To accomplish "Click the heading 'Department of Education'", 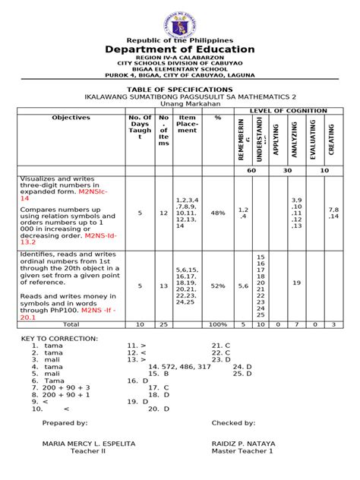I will tap(180, 49).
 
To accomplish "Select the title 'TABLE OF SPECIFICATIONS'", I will tap(180, 89).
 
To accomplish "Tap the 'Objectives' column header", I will tap(71, 118).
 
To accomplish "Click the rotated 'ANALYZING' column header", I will tap(296, 140).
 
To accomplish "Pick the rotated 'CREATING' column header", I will tap(331, 140).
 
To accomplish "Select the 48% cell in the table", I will tap(218, 213).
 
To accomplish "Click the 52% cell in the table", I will tap(218, 286).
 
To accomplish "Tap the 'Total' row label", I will tap(71, 324).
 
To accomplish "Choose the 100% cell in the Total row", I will tap(218, 324).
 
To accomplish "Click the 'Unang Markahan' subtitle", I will tap(180, 104).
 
